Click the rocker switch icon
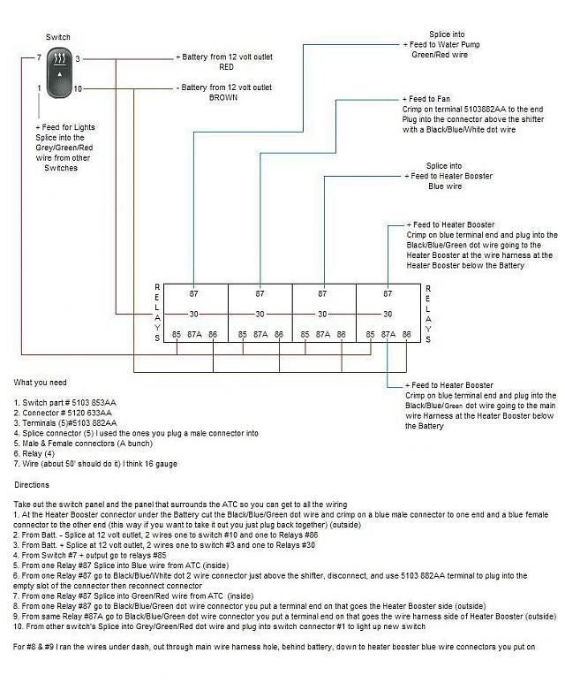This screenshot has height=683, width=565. pos(59,72)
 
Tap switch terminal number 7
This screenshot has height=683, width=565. pos(39,57)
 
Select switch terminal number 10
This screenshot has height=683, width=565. pos(78,89)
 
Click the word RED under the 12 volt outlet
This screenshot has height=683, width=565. pos(226,67)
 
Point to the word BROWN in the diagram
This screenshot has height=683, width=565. pos(223,97)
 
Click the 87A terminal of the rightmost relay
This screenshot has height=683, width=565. pos(388,335)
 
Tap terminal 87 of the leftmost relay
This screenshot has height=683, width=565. pos(193,294)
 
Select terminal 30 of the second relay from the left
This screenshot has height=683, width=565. pos(260,314)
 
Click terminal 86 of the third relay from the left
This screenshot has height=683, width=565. pos(341,335)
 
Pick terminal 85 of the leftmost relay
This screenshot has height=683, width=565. pos(177,335)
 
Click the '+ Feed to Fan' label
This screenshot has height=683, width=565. pos(426,99)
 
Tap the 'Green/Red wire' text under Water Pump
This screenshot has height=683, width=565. pos(440,55)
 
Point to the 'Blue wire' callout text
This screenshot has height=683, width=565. pos(445,186)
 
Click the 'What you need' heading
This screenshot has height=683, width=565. pos(40,383)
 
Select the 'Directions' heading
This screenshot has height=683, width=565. pos(32,485)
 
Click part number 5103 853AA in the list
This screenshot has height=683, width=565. pos(94,403)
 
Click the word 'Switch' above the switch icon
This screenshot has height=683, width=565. pos(58,37)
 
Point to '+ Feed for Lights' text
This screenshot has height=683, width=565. pos(65,127)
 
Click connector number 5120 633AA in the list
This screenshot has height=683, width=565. pos(89,413)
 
